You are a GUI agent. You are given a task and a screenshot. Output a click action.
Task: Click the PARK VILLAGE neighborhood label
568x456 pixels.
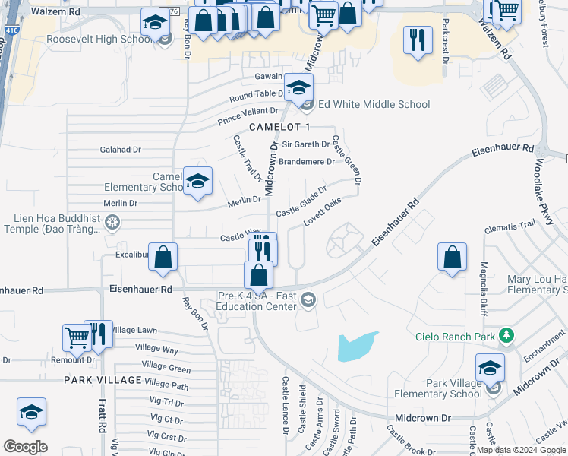pos(103,379)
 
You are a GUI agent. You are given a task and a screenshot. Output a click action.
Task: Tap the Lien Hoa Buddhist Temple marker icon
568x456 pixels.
pos(112,222)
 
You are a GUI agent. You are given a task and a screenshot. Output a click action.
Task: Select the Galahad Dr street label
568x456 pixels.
pos(121,150)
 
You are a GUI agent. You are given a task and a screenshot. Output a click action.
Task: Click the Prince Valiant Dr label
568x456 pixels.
pos(248,116)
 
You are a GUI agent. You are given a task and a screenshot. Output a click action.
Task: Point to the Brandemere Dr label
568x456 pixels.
pos(307,162)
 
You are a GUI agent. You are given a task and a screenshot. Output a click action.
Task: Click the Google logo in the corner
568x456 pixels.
pos(26,446)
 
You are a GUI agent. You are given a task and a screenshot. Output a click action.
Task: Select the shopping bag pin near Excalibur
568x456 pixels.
pos(163,258)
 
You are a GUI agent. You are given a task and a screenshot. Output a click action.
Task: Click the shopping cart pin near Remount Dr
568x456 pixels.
pos(77,337)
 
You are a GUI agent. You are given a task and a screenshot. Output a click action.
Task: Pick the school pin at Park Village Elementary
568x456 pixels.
pos(491,368)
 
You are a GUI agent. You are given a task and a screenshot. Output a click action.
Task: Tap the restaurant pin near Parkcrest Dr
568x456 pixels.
pos(417,40)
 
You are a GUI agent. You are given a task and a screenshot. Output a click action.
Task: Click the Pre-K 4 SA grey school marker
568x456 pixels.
pos(308,299)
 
